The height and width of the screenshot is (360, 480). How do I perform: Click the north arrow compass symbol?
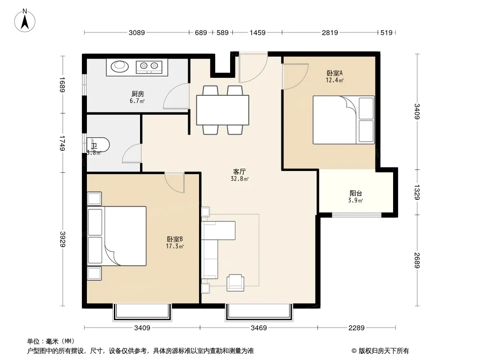(x=25, y=21)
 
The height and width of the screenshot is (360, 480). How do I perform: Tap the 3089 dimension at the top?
(x=136, y=32)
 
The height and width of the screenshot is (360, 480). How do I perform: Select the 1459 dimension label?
(x=258, y=32)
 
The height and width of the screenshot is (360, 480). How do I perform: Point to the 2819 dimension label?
(x=330, y=32)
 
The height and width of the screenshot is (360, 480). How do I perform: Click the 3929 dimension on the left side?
(x=63, y=239)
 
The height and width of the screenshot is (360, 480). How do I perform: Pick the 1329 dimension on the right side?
(x=417, y=192)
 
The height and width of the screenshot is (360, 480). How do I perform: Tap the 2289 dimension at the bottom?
(x=356, y=328)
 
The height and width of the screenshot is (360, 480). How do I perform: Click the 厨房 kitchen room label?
(x=137, y=94)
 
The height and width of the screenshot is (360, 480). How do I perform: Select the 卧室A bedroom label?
(x=334, y=73)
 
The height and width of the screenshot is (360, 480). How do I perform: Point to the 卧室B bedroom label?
(x=175, y=239)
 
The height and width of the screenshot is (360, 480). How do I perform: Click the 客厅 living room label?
(x=239, y=171)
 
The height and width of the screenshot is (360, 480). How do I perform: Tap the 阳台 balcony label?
(x=356, y=193)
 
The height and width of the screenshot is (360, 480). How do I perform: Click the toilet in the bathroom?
(x=98, y=145)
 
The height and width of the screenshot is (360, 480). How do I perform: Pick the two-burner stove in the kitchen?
(x=149, y=67)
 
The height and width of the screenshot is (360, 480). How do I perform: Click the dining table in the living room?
(x=222, y=110)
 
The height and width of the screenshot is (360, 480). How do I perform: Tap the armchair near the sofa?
(x=235, y=283)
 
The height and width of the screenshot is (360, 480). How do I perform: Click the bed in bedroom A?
(x=344, y=120)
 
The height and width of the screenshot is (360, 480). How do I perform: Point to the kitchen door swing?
(x=176, y=96)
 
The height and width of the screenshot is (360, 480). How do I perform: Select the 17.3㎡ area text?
(x=175, y=246)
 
